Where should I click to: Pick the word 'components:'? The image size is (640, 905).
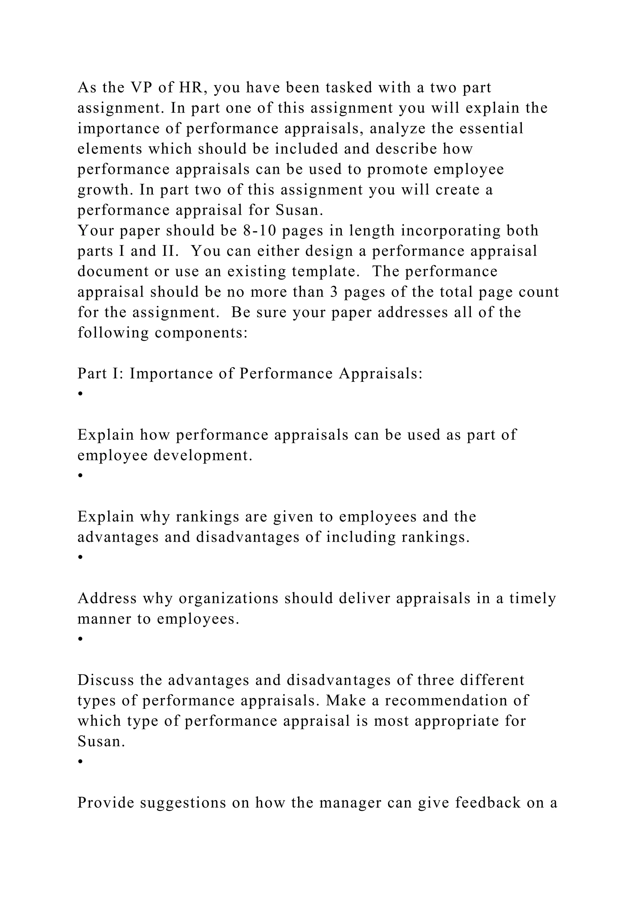(201, 333)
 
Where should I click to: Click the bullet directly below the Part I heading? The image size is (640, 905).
(80, 394)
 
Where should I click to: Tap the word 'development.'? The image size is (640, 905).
(202, 456)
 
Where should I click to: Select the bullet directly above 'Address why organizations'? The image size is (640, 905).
(80, 557)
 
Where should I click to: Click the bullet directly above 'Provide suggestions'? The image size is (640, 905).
(80, 761)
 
